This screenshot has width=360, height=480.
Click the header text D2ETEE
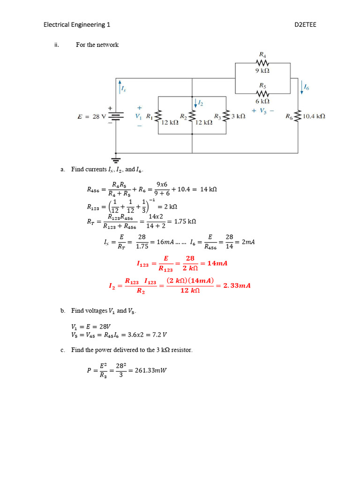305,24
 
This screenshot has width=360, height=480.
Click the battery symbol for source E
116,116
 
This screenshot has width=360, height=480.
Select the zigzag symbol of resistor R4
262,63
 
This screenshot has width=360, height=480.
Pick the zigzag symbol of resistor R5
262,93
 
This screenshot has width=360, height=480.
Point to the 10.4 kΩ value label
314,116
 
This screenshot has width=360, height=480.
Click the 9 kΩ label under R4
262,71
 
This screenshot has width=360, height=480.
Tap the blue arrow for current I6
302,88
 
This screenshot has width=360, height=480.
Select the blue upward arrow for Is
120,87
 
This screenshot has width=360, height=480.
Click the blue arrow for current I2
195,103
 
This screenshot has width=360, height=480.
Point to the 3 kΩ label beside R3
238,116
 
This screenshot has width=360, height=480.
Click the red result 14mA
217,263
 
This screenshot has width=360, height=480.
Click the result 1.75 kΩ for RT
185,221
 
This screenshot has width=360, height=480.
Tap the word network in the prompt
107,45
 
